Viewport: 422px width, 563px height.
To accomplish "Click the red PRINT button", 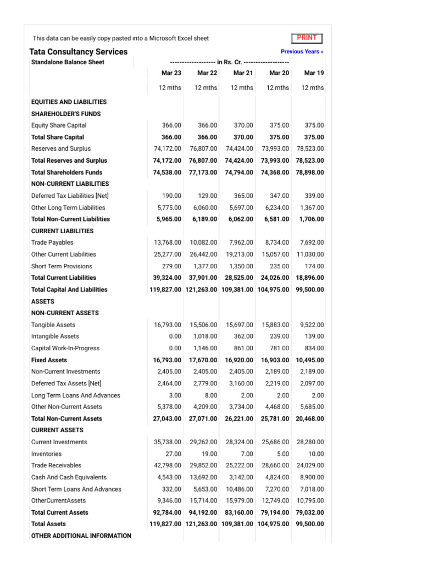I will (x=307, y=38).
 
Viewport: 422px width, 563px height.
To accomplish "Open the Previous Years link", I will (x=302, y=52).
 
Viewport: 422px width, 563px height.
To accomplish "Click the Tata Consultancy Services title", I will (x=78, y=52).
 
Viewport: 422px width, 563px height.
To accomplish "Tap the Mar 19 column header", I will (x=314, y=73).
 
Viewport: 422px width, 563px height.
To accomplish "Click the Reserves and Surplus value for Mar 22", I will (x=203, y=149).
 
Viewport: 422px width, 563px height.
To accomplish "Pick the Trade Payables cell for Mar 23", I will (x=168, y=242).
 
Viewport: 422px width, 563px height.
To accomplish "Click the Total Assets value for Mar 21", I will (x=238, y=524).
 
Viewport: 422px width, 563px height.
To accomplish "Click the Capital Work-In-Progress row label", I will (x=65, y=348).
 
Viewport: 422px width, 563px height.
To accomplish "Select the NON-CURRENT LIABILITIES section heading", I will (x=70, y=184).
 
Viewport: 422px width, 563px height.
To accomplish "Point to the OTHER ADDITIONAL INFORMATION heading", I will (x=81, y=536).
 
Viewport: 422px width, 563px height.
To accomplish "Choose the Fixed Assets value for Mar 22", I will (x=203, y=360).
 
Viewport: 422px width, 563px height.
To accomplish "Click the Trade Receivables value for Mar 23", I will (x=168, y=466).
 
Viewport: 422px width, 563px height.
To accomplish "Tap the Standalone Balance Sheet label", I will (x=68, y=62).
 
